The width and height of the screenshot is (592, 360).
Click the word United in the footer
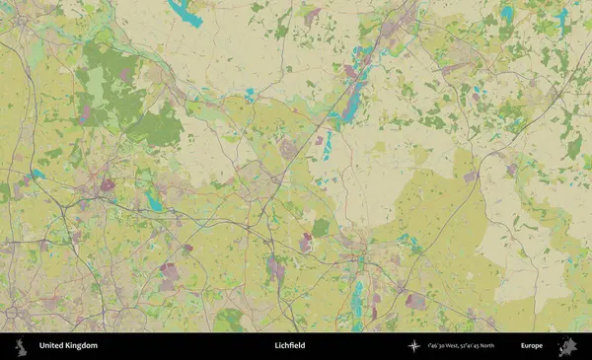52,346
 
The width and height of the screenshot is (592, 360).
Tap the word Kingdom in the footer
82,346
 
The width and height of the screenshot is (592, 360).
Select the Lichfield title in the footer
290,346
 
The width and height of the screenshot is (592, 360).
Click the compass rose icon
413,346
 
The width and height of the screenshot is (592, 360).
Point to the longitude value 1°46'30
440,346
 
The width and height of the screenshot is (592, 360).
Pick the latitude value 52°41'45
483,346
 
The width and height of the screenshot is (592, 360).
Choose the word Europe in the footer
532,346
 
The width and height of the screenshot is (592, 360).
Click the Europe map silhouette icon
567,346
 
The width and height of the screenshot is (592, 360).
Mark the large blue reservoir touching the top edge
185,12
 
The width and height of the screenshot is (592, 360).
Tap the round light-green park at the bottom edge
229,320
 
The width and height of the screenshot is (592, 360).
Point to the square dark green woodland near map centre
320,227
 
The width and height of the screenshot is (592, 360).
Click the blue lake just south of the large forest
154,201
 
